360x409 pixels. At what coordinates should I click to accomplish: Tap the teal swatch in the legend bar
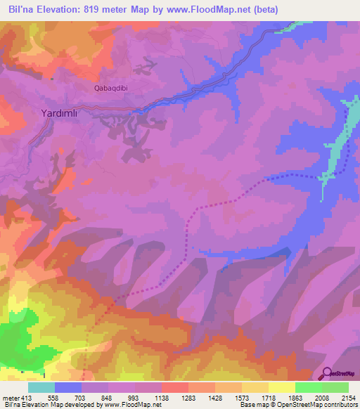tap(41, 387)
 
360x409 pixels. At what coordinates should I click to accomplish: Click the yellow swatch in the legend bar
tap(282, 387)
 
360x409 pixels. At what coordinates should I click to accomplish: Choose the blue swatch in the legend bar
tap(68, 387)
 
